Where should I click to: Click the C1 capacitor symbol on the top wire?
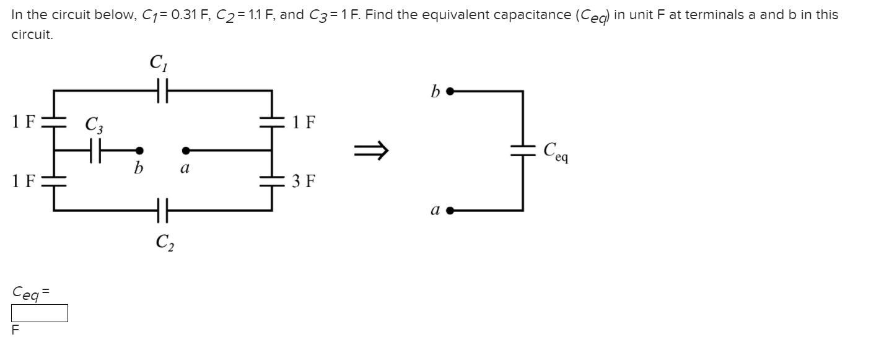pyautogui.click(x=163, y=91)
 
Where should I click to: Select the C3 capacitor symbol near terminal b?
pyautogui.click(x=94, y=150)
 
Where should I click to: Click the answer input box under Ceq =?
pyautogui.click(x=39, y=314)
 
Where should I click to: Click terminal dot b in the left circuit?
pyautogui.click(x=140, y=150)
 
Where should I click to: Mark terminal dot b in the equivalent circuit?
pyautogui.click(x=451, y=92)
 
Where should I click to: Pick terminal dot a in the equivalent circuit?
pyautogui.click(x=451, y=210)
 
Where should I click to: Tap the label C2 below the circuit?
pyautogui.click(x=164, y=241)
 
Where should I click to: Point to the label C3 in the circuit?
pyautogui.click(x=94, y=126)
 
